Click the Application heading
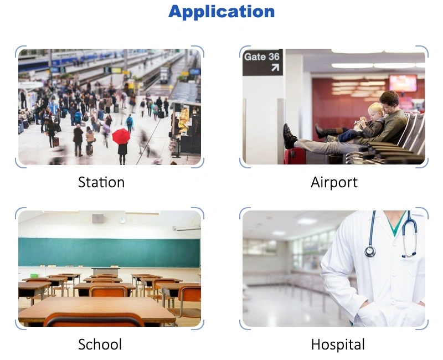click(x=221, y=12)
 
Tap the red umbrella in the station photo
click(x=121, y=136)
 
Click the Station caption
click(x=101, y=182)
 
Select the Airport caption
click(x=334, y=183)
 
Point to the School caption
click(x=100, y=344)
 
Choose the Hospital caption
click(x=338, y=344)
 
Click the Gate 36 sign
click(x=262, y=62)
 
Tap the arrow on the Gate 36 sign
click(x=275, y=68)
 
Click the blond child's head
click(x=376, y=111)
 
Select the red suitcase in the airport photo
click(x=295, y=156)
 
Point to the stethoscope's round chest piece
click(x=370, y=251)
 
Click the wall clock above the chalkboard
click(x=122, y=220)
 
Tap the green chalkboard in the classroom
click(x=109, y=253)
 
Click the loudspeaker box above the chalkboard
click(x=98, y=218)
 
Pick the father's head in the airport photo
click(x=389, y=101)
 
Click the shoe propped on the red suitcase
click(x=289, y=136)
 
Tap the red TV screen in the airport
click(x=403, y=83)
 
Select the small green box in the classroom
click(x=34, y=275)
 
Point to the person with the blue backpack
click(x=130, y=123)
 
